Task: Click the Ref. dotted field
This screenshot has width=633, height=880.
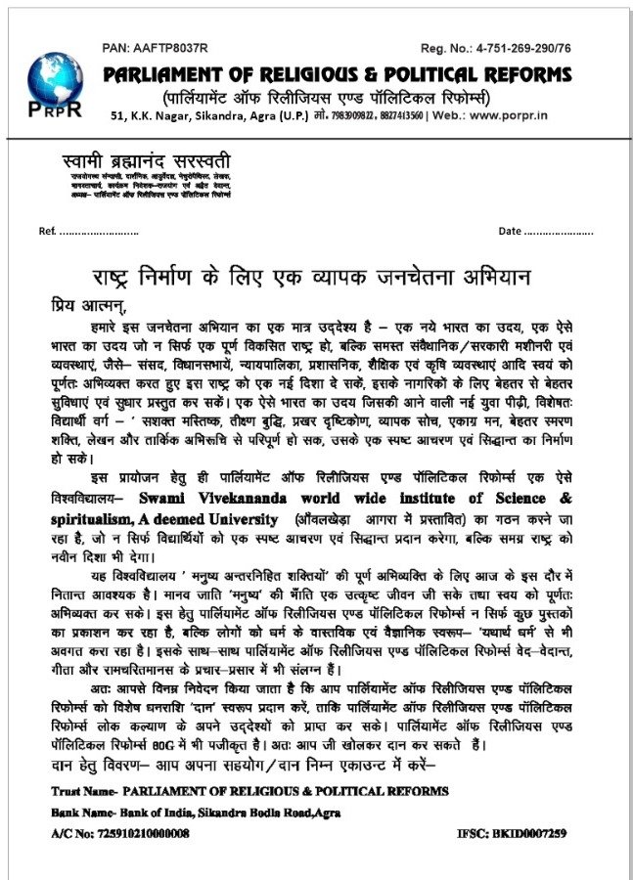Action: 99,231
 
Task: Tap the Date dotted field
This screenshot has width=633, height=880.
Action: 560,231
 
